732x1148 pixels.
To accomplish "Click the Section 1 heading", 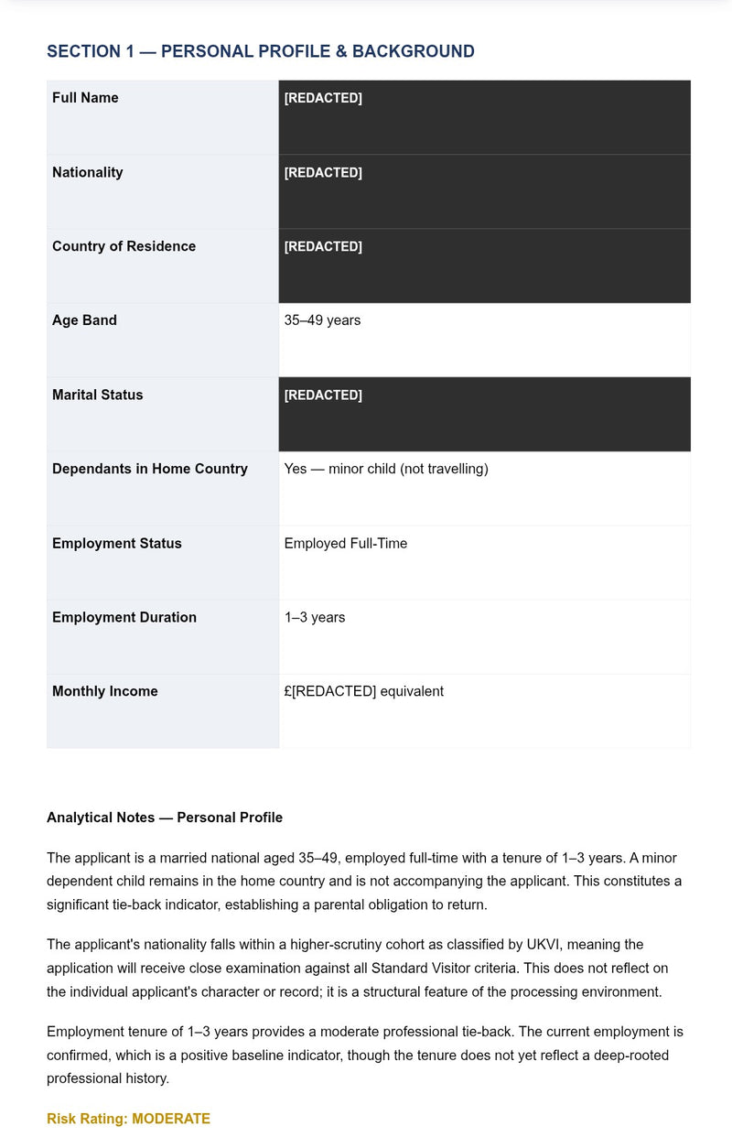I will [x=260, y=51].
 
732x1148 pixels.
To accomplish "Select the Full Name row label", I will [x=85, y=98].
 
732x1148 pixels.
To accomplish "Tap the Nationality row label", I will [x=87, y=172].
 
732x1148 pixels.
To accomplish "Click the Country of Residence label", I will [x=124, y=246].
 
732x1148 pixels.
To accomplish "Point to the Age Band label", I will [x=84, y=320].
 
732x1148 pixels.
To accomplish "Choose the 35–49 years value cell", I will [x=322, y=320].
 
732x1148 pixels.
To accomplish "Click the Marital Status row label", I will [x=97, y=395].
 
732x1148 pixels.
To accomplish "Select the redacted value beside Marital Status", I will [x=323, y=395].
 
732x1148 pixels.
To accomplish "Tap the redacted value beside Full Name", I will [x=323, y=98].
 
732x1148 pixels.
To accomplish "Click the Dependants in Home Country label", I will [x=149, y=469].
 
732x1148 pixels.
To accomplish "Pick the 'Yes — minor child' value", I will [x=385, y=469].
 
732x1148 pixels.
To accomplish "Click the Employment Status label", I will [x=116, y=544].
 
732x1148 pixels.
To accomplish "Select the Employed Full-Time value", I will [x=345, y=544].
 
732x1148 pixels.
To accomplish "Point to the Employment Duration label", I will [x=124, y=618].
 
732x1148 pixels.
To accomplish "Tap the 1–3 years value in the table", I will [x=314, y=618].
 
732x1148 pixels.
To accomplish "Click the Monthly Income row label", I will [x=104, y=692].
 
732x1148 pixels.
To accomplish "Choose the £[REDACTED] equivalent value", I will [x=363, y=692].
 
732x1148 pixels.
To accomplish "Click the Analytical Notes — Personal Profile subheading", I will [x=165, y=818].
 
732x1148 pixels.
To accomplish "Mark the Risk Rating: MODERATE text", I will [x=128, y=1119].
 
